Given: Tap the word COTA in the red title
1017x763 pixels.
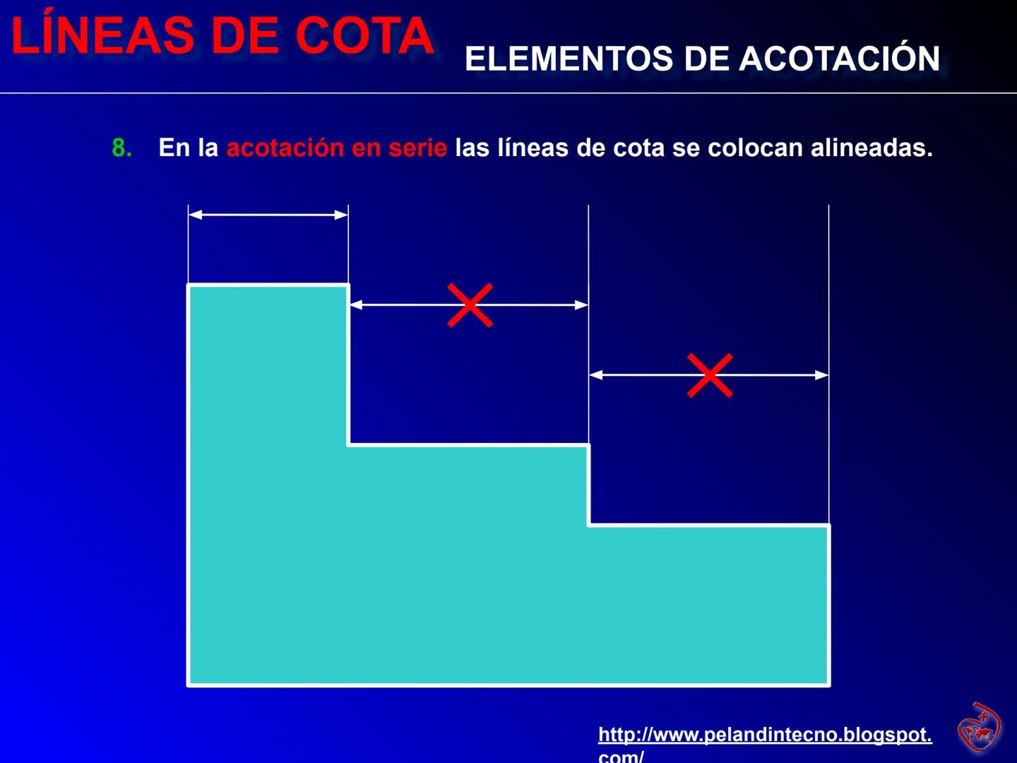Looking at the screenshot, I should point(364,35).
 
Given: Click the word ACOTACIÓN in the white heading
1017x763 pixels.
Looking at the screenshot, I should point(840,59).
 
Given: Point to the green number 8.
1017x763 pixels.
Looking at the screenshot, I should point(121,148).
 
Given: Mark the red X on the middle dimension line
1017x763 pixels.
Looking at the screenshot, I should point(470,305).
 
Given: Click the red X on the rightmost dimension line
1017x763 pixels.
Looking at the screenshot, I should point(710,375).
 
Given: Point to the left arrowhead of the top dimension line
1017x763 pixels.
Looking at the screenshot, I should point(196,215).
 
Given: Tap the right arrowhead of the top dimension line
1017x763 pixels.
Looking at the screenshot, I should point(341,215).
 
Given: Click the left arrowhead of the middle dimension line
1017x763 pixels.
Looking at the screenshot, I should point(357,305).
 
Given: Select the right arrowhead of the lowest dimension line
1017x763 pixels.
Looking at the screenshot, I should point(821,375).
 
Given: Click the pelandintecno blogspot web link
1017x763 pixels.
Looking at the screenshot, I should point(765,735).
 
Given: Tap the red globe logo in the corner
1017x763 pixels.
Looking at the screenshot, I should point(979,727).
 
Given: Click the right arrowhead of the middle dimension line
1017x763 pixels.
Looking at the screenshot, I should point(581,305).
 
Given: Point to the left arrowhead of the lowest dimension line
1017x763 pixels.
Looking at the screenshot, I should point(597,375).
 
